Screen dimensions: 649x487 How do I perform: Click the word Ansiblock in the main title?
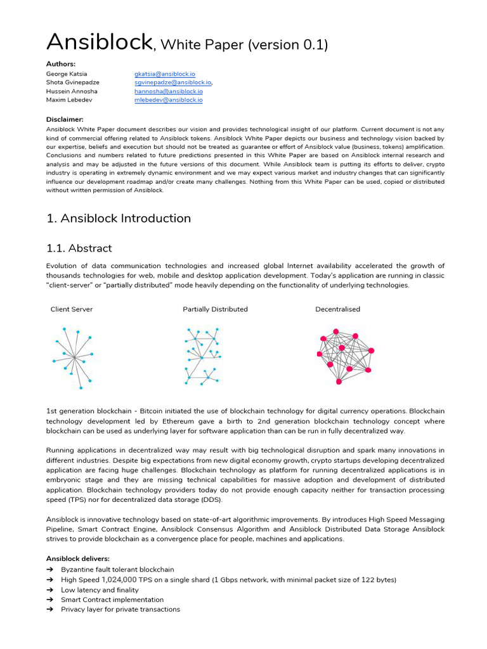coord(99,42)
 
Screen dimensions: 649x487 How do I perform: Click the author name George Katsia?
coord(67,74)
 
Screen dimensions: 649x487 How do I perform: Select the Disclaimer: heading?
coord(65,119)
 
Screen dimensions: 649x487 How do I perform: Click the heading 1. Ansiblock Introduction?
coord(119,219)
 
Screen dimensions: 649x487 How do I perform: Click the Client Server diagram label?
coord(72,309)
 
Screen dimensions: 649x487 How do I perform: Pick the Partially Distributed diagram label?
coord(215,309)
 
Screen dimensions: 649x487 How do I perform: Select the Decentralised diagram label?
coord(337,309)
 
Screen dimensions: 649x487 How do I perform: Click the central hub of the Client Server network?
coord(74,358)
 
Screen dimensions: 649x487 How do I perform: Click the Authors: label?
coord(61,64)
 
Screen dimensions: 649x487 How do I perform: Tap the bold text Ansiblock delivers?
coord(77,559)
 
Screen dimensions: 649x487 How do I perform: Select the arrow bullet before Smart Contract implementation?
coord(50,600)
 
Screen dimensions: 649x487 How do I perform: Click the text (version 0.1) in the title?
coord(288,44)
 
